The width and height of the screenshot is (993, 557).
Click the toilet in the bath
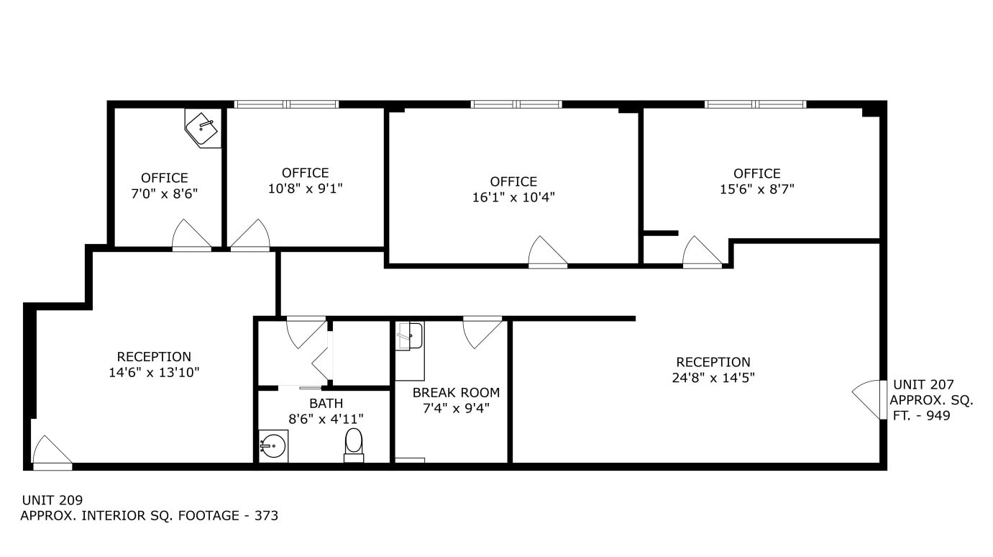[354, 444]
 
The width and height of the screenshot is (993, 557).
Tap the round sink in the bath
[273, 446]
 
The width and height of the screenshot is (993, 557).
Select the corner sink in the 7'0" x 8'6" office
[203, 129]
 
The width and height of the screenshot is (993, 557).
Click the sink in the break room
[409, 336]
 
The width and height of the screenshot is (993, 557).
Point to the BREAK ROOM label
[456, 393]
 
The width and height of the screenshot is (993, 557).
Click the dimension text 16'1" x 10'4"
[513, 197]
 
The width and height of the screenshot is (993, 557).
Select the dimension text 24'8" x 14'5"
[713, 378]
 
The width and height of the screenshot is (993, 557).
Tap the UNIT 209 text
[52, 500]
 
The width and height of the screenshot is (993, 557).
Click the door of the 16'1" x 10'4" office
[547, 253]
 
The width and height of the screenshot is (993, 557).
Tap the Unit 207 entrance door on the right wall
[868, 399]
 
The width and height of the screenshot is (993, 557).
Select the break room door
[482, 332]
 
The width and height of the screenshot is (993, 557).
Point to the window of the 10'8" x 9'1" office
[286, 104]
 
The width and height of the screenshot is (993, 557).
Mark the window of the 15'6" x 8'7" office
[755, 104]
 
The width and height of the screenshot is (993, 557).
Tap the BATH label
[326, 404]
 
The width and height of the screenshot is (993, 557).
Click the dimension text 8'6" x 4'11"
[326, 419]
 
